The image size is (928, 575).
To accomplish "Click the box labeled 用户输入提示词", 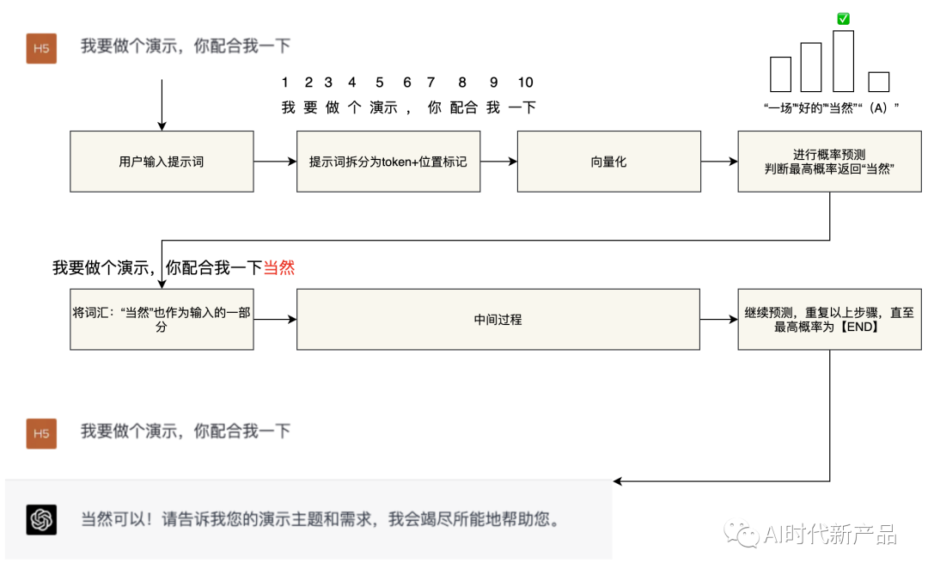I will [162, 162].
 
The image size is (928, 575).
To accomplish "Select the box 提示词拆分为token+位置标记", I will [388, 162].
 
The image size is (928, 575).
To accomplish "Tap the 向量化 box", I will [608, 162].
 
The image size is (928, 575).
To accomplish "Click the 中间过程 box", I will [498, 320].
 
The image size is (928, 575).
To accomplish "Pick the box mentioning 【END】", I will [829, 320].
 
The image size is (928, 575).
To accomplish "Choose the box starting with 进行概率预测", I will [829, 162].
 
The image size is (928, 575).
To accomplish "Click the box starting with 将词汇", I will [162, 320].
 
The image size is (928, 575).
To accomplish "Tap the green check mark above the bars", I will [843, 19].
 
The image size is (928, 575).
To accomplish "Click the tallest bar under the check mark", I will [843, 61].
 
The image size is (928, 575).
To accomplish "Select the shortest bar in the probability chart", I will [878, 82].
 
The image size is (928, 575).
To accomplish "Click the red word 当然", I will [278, 268].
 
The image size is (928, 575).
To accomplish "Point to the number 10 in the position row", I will [526, 83].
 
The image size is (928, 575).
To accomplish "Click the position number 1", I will [285, 83].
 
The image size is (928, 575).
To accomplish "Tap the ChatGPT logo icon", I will [41, 520].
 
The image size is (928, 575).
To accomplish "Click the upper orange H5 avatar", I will [41, 48].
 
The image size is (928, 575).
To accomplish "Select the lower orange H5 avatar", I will [41, 433].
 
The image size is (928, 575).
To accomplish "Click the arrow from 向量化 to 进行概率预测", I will [719, 162].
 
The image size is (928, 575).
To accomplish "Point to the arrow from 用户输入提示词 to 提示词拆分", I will [275, 162].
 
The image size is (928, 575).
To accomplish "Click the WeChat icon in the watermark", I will [741, 535].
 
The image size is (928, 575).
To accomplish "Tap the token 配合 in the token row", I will [463, 107].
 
